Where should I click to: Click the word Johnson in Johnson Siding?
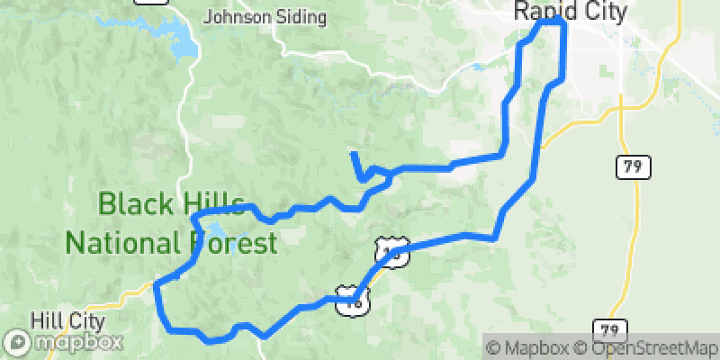(235, 15)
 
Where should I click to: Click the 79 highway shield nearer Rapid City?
(634, 166)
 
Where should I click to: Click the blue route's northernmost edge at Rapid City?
(552, 18)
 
